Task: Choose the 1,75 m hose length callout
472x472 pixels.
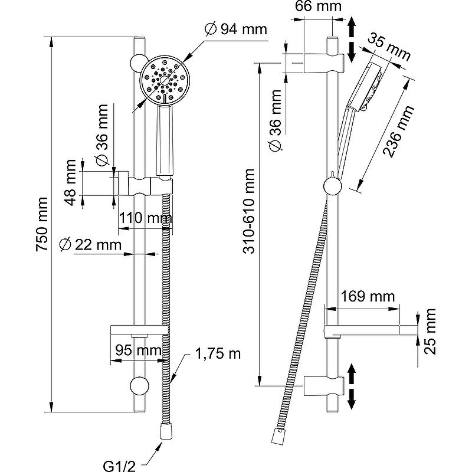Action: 218,354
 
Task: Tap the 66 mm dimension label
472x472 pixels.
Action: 319,7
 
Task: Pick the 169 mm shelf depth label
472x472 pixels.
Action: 367,296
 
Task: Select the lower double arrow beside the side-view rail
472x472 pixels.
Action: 352,386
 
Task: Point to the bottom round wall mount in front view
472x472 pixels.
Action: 139,386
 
